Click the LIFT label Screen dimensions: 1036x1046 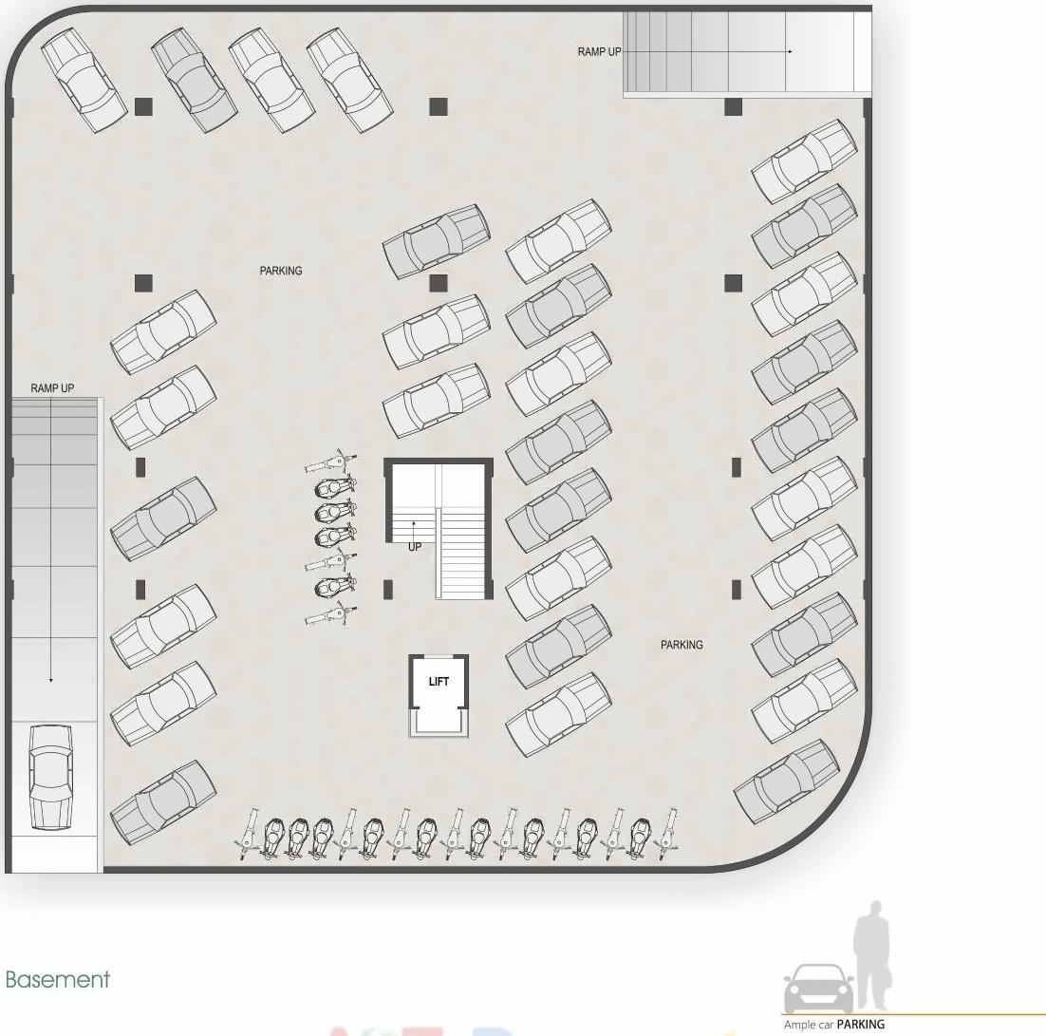[439, 681]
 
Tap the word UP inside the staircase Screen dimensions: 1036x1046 [415, 547]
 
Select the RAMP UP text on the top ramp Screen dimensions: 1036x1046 [599, 51]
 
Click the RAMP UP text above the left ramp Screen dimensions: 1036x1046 [52, 388]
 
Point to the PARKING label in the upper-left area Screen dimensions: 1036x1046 [281, 272]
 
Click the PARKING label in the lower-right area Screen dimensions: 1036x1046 [682, 646]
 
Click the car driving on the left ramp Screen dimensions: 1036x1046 [51, 776]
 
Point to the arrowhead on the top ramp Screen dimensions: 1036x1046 [790, 51]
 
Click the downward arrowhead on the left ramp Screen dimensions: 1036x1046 [51, 680]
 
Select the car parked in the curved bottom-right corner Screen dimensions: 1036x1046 [787, 782]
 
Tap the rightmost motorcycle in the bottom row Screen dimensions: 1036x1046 [670, 834]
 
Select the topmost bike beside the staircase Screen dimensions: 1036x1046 [331, 463]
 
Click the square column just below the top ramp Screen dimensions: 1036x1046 [733, 107]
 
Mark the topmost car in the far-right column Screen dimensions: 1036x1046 [804, 161]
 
